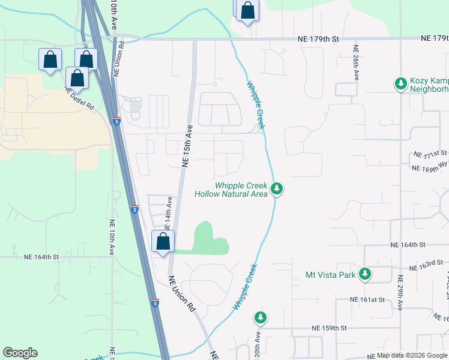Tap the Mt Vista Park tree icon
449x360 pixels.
point(364,275)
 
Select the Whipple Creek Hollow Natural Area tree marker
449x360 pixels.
point(276,189)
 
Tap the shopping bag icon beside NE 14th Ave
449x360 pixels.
point(163,242)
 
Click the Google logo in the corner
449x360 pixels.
point(20,353)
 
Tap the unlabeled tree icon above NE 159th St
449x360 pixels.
point(259,316)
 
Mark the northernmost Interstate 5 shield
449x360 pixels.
point(116,121)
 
